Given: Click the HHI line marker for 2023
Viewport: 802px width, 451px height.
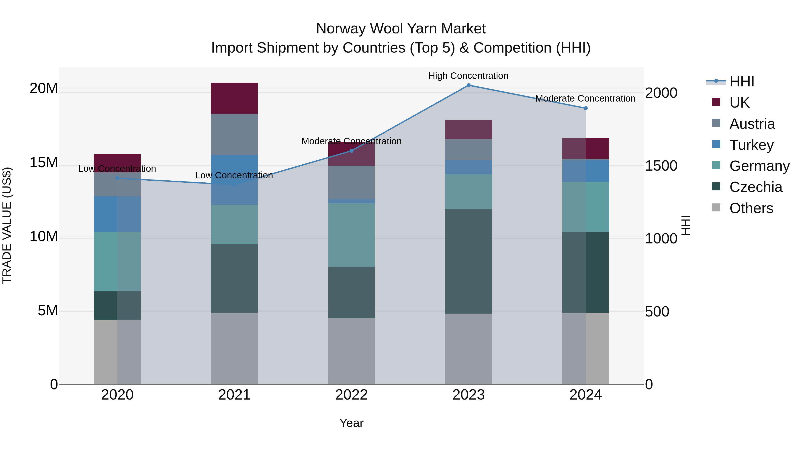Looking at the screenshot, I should [x=468, y=85].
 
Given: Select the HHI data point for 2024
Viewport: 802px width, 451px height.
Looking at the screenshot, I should [x=585, y=108].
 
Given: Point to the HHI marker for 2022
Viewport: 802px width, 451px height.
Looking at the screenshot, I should [x=352, y=151].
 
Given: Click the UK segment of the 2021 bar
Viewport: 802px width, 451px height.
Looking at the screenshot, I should [x=234, y=98].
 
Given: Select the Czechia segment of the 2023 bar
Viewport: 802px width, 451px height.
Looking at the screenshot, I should [x=468, y=261].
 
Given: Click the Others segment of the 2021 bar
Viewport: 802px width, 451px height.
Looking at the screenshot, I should [x=234, y=348].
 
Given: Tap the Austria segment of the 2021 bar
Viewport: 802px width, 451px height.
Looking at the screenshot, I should [x=234, y=135].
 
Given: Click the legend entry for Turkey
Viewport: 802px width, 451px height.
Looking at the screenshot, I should [x=751, y=145].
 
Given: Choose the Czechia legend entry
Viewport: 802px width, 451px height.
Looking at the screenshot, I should [x=756, y=187].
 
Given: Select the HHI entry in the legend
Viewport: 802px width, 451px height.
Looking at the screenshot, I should [x=742, y=82].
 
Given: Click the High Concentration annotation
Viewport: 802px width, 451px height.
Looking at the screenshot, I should [x=468, y=76].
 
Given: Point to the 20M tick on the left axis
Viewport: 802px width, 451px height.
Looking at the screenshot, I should [x=44, y=89].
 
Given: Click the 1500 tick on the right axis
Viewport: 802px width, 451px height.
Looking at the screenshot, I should [x=661, y=166].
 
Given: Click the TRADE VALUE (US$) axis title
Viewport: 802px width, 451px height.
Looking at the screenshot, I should [x=7, y=225].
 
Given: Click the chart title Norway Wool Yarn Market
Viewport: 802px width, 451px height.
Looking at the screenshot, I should [x=401, y=29].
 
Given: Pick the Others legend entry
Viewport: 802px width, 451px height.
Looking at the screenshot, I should [x=751, y=208].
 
